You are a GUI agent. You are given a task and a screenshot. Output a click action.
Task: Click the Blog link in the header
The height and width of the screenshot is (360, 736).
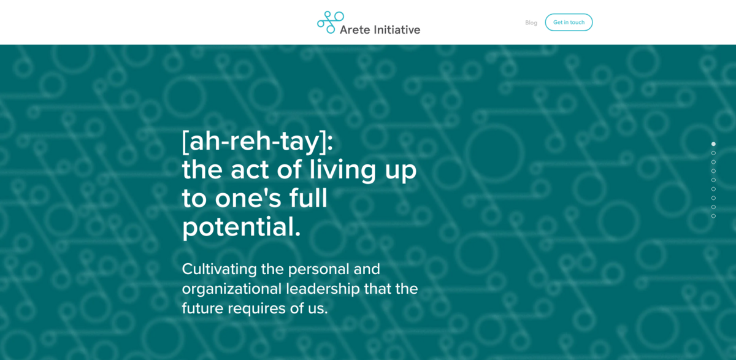(x=531, y=23)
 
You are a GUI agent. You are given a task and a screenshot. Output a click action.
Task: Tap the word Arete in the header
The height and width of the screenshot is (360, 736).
(x=355, y=29)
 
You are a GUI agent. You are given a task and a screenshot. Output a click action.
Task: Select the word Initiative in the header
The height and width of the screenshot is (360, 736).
(x=397, y=29)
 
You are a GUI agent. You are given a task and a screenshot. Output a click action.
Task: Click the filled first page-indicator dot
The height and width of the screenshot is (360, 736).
(x=713, y=144)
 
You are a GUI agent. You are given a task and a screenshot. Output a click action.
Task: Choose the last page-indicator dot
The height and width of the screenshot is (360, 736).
(x=713, y=216)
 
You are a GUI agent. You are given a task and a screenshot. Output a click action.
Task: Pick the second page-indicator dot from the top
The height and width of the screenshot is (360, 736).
(x=713, y=153)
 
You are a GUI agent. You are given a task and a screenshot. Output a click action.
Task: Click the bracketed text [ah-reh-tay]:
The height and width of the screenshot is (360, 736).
(x=258, y=142)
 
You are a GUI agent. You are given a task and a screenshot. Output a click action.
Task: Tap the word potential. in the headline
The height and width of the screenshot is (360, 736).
(x=242, y=227)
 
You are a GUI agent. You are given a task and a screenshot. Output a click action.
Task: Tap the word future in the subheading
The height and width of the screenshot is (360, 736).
(x=203, y=308)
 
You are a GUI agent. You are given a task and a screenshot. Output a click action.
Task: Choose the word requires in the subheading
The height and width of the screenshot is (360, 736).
(x=257, y=308)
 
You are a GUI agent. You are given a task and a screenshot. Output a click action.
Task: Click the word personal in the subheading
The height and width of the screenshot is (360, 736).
(x=318, y=269)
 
